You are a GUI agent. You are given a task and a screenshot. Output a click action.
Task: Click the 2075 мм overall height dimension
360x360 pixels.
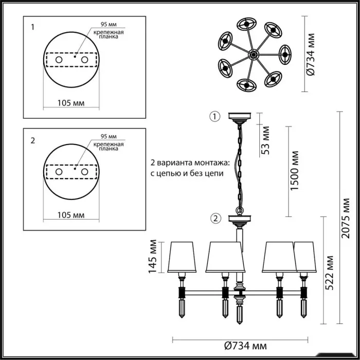coord(345,218)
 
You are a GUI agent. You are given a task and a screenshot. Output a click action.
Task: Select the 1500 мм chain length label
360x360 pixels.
coord(294,171)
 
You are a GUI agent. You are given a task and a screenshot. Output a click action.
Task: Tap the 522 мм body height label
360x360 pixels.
coord(329,273)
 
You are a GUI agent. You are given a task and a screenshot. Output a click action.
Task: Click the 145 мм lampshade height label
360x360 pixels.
coord(152,257)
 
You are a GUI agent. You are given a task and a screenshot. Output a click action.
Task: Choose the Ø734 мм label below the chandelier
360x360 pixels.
coord(245,346)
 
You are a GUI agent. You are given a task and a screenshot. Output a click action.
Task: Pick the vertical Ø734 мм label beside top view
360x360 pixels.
coord(311,55)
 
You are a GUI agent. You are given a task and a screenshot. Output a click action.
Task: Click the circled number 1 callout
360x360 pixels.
coord(215,116)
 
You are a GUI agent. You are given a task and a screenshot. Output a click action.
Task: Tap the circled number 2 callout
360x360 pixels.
coord(215,219)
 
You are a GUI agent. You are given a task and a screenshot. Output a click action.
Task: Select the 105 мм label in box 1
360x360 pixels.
coord(71,103)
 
